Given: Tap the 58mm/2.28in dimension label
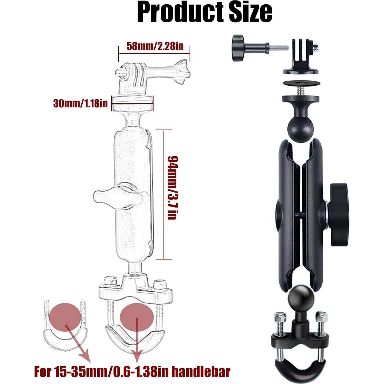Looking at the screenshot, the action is (155, 46).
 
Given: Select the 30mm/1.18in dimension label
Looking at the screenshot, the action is (80, 103).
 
